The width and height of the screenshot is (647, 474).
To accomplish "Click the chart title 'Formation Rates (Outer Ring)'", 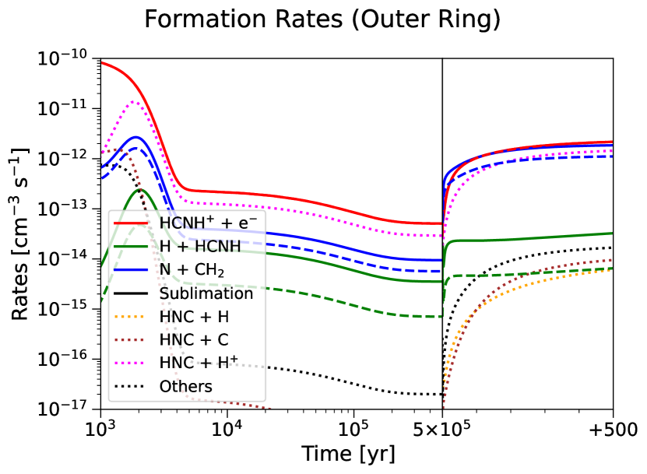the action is [x=322, y=19].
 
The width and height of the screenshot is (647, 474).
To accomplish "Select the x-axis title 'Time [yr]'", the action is [x=348, y=454].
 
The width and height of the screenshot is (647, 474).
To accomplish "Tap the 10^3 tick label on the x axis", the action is [x=101, y=430].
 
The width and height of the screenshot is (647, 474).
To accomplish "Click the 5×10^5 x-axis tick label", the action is [x=442, y=430].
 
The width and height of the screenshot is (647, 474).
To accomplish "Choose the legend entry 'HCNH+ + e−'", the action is [x=185, y=223].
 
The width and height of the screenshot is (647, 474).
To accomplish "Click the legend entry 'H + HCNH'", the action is [x=178, y=246].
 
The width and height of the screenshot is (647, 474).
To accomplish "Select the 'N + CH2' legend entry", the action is [x=169, y=270].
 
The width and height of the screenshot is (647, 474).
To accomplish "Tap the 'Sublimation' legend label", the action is [x=184, y=293].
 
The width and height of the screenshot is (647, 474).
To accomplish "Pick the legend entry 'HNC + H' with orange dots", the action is [x=171, y=317].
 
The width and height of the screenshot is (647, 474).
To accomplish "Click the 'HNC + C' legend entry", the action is [x=171, y=340].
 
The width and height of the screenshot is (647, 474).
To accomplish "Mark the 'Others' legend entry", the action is [x=163, y=387].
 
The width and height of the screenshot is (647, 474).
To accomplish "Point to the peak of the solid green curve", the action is [x=139, y=189].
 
